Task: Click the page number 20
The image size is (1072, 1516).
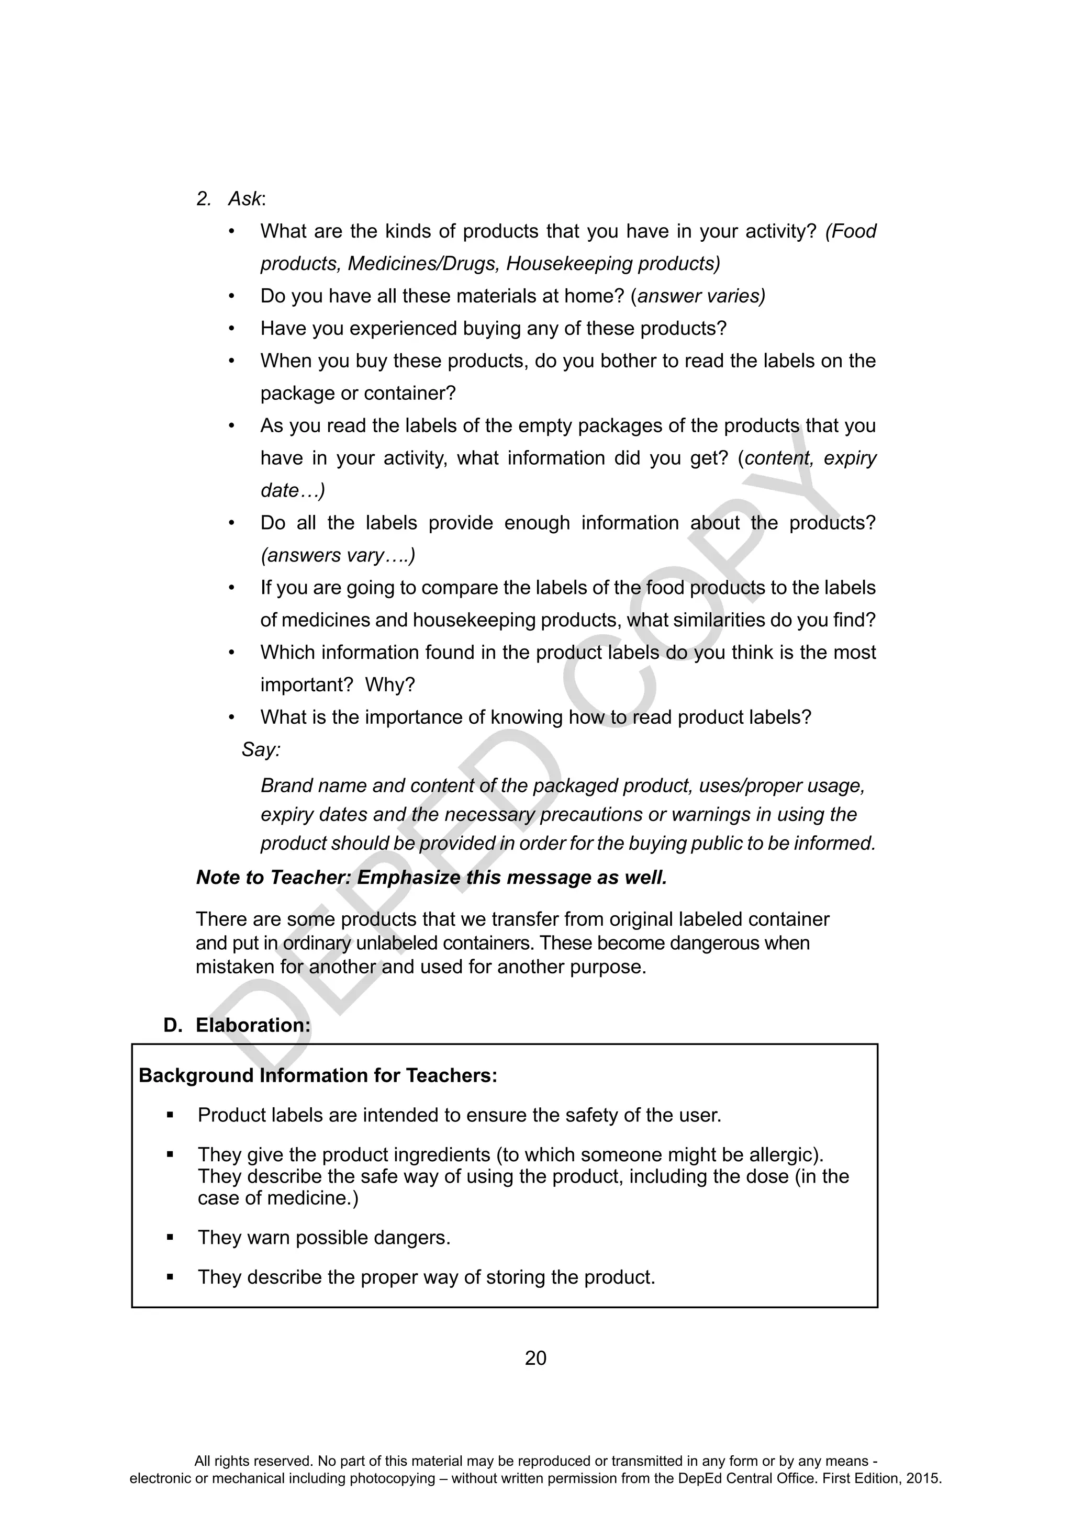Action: pos(535,1358)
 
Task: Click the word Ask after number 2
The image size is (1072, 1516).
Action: pos(245,199)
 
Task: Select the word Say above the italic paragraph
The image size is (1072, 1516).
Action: pos(260,749)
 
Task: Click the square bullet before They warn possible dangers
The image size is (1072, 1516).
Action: pos(170,1238)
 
